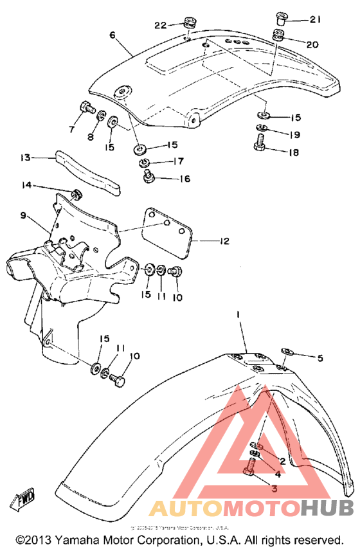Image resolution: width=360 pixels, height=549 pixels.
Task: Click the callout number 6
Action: point(113,35)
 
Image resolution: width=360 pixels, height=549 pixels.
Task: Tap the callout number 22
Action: point(160,25)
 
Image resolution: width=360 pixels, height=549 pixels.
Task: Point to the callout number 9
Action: point(23,215)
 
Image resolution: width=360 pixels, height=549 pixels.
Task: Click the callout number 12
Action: point(223,242)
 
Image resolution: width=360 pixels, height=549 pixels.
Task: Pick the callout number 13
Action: point(25,157)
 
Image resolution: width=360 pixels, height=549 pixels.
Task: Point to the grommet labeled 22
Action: point(189,24)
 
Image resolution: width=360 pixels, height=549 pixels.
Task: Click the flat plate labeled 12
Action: point(167,232)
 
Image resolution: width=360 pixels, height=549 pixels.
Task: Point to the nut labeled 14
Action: point(78,194)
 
